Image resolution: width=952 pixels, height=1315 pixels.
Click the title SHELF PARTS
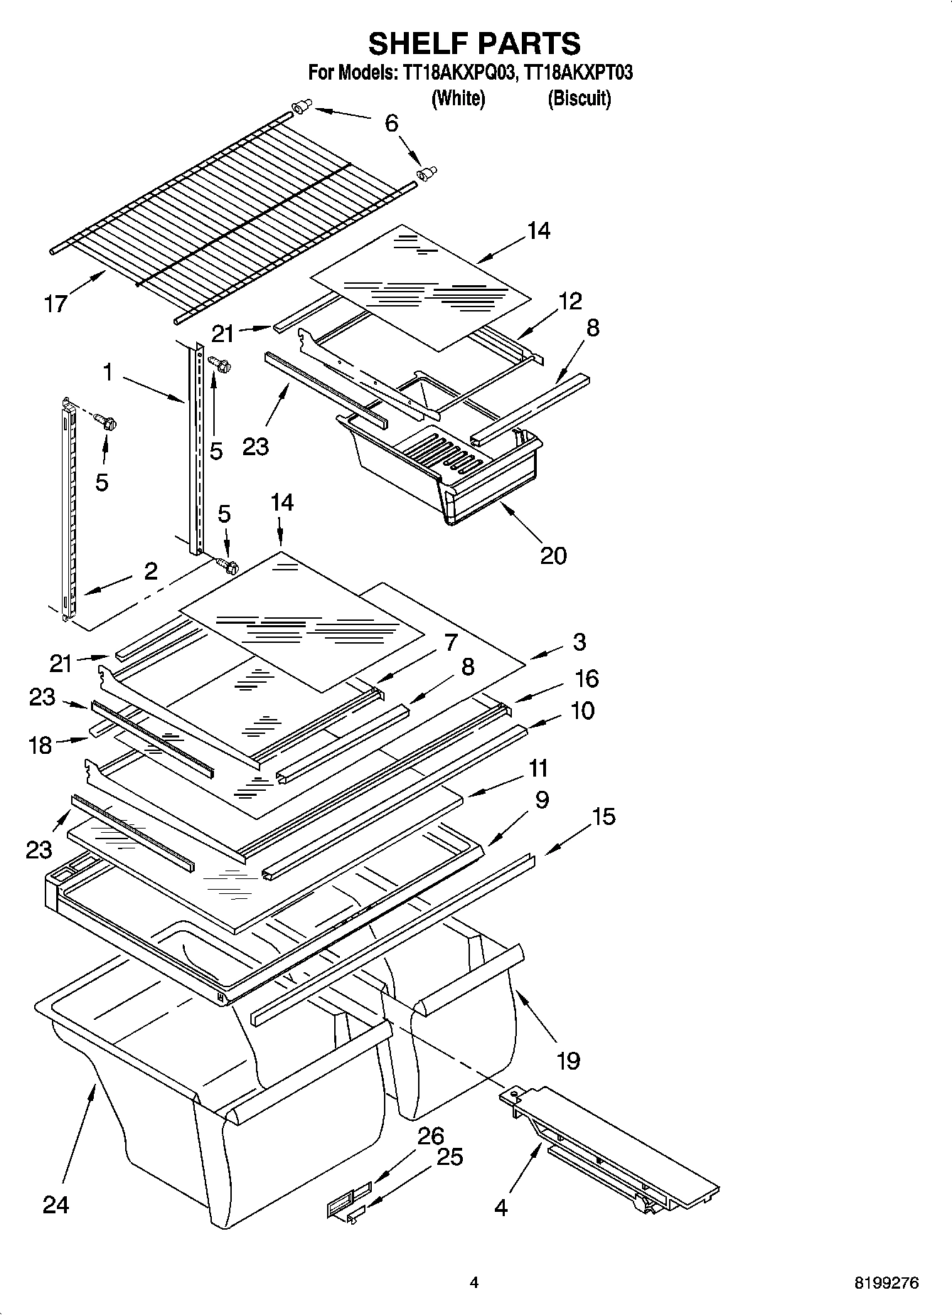(x=474, y=43)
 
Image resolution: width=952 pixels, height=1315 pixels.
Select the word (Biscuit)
(x=579, y=98)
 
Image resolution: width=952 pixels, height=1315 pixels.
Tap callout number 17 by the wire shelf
(x=55, y=304)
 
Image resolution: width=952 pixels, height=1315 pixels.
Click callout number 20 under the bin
(x=553, y=555)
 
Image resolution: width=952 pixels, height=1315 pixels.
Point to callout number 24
(x=56, y=1204)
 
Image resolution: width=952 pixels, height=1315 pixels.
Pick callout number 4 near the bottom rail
(x=501, y=1207)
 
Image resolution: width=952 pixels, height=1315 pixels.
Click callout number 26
(x=430, y=1136)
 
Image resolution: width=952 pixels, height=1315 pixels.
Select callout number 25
(x=449, y=1157)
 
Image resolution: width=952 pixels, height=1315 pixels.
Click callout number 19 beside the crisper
(x=568, y=1061)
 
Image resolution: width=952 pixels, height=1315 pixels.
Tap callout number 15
(x=603, y=816)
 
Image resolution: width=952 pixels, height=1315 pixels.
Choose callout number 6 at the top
(x=391, y=123)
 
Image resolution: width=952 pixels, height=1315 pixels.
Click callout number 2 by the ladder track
(x=151, y=571)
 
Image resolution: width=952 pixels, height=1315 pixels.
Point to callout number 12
(x=569, y=301)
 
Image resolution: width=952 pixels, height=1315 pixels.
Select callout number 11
(x=538, y=768)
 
